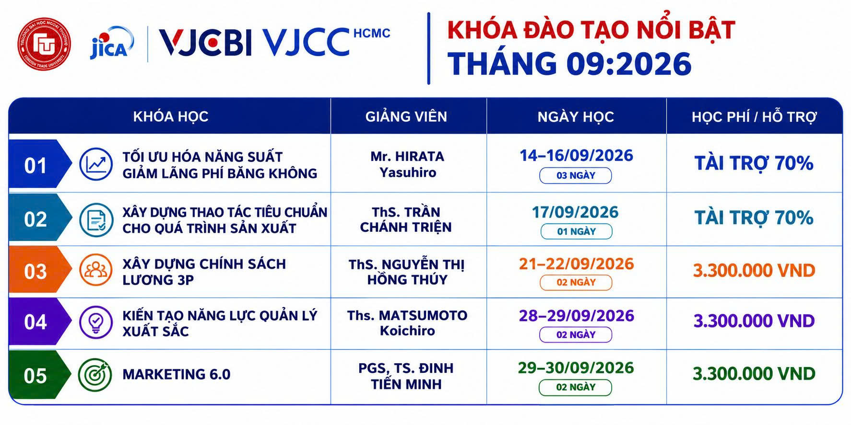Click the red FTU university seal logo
(x=44, y=44)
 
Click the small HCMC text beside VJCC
(x=372, y=33)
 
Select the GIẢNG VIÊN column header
(x=406, y=116)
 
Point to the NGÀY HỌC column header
(x=576, y=116)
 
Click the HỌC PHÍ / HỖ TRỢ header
(x=754, y=116)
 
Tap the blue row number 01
(x=35, y=166)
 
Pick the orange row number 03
(x=35, y=272)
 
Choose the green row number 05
(x=35, y=376)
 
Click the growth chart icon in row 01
(x=96, y=164)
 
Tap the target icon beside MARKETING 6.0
(x=95, y=374)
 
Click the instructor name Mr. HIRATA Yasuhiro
(x=407, y=164)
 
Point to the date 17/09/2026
(x=575, y=212)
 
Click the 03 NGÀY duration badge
(x=576, y=175)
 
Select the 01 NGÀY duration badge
(x=576, y=231)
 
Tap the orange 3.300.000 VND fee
(x=754, y=271)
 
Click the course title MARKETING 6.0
(x=177, y=374)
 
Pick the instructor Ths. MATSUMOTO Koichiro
(x=407, y=323)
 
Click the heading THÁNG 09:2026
(x=569, y=64)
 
